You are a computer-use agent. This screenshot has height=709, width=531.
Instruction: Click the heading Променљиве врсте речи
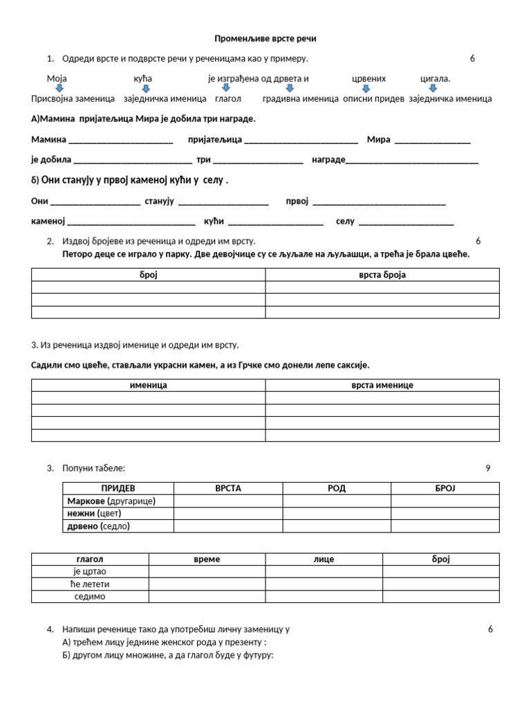265,39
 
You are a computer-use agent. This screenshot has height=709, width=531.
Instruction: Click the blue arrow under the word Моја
59,89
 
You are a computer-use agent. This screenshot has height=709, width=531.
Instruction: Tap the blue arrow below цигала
433,89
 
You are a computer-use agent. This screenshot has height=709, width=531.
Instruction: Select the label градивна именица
301,99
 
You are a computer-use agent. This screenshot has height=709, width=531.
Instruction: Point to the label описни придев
373,99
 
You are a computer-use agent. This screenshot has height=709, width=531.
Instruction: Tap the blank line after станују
223,202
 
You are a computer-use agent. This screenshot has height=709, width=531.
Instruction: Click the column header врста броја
382,275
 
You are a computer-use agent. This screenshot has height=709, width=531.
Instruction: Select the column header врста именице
382,385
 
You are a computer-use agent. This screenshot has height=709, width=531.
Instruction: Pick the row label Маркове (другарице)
111,501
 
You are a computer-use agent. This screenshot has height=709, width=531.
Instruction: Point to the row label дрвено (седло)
98,526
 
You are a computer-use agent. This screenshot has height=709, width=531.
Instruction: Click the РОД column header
337,489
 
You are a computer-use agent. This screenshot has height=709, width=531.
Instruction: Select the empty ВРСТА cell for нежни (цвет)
228,514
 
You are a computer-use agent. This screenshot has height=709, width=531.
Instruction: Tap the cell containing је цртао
90,572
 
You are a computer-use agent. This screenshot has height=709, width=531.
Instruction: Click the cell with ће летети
90,584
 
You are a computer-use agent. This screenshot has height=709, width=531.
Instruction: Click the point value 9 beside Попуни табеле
487,469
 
